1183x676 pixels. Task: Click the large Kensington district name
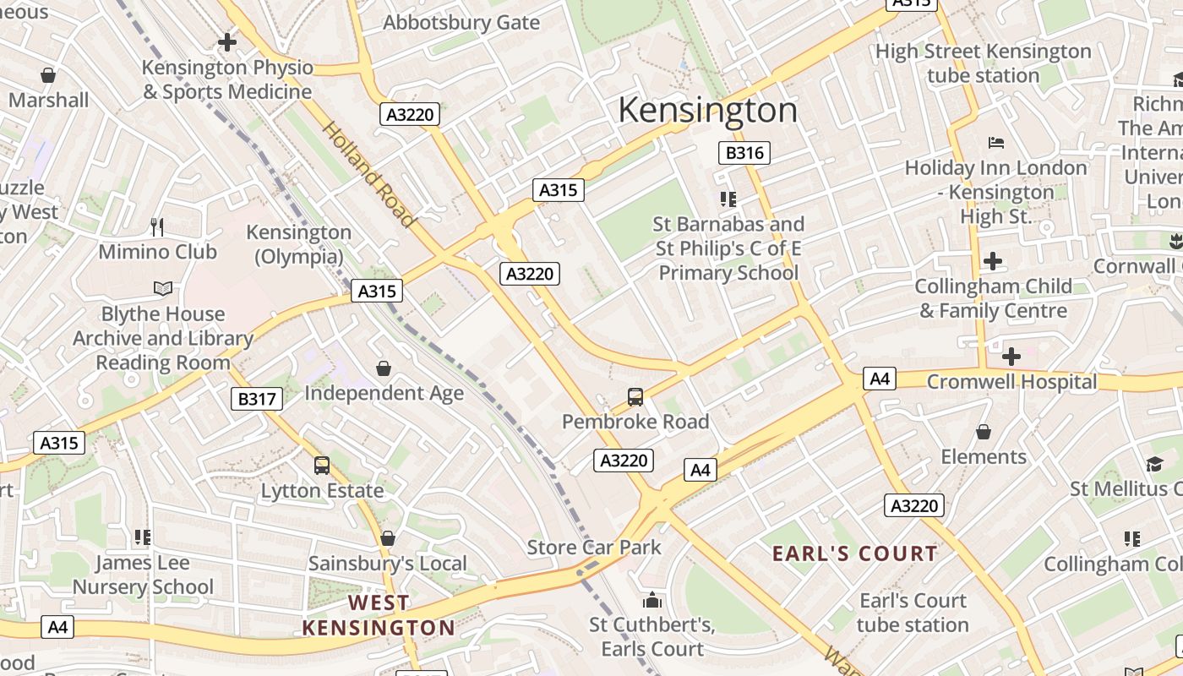click(x=708, y=111)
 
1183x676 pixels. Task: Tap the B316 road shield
click(x=744, y=153)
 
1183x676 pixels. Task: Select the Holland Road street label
click(x=369, y=175)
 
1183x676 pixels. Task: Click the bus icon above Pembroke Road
click(x=635, y=396)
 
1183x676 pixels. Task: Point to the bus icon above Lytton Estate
click(x=322, y=465)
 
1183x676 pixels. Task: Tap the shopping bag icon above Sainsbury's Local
click(x=388, y=538)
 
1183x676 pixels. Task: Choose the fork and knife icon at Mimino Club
click(x=157, y=226)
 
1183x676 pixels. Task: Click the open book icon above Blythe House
click(x=163, y=289)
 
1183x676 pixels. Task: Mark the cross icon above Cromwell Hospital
click(x=1011, y=356)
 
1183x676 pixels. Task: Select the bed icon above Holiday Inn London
click(x=996, y=142)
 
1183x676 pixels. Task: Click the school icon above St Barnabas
click(x=728, y=199)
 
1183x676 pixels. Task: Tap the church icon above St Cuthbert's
click(x=651, y=600)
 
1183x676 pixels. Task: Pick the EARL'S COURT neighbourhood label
click(x=855, y=554)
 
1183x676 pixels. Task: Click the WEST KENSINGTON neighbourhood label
click(x=379, y=615)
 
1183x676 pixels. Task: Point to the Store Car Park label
click(x=594, y=548)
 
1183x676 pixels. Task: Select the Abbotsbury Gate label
click(x=461, y=23)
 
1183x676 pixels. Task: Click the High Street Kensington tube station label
click(x=983, y=63)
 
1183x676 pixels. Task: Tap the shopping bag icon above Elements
click(x=984, y=432)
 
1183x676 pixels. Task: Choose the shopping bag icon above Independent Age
click(x=384, y=368)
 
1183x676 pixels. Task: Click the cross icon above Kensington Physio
click(x=226, y=41)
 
